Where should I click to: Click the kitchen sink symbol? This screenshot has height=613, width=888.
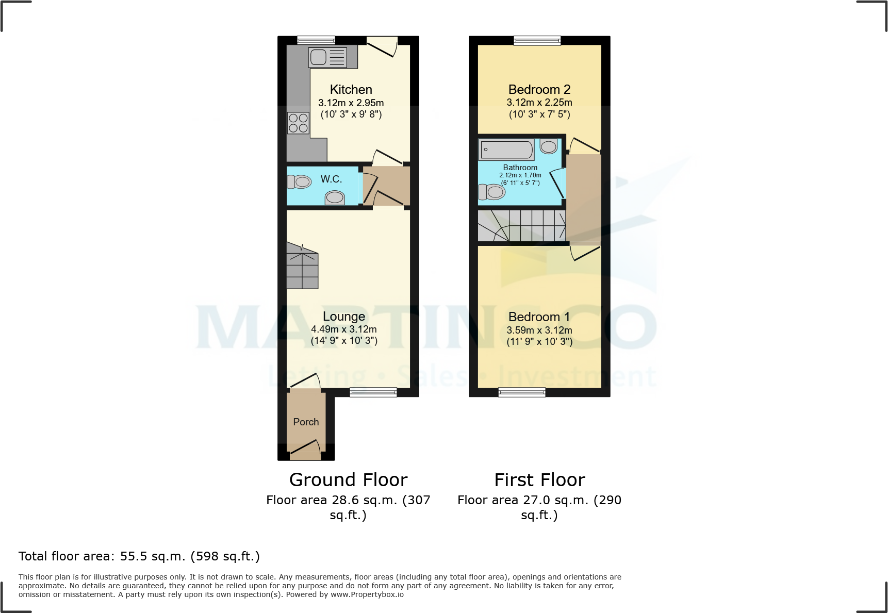click(x=328, y=57)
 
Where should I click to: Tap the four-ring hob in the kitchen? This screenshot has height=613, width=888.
click(x=299, y=123)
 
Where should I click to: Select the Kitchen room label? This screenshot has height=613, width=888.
click(x=351, y=89)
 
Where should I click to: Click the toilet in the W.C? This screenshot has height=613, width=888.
click(x=299, y=181)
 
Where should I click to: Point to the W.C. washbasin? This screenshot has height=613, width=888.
click(x=335, y=197)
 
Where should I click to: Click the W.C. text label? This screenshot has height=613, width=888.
click(x=331, y=179)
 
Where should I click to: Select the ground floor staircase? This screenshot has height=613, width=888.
click(x=302, y=267)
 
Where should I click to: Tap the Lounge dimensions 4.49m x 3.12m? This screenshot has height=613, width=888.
click(x=344, y=329)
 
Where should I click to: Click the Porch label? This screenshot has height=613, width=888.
click(x=306, y=422)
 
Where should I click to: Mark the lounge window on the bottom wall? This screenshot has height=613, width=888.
click(x=373, y=392)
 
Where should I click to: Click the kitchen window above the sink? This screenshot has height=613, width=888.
click(x=316, y=40)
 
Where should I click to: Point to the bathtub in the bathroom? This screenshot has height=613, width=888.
click(x=507, y=150)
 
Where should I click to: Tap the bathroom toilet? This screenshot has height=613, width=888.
click(x=492, y=192)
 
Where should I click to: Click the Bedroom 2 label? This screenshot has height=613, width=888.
click(x=539, y=89)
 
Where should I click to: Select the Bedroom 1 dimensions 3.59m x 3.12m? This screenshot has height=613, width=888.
click(x=539, y=330)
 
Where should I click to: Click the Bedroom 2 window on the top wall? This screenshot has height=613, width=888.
click(x=537, y=40)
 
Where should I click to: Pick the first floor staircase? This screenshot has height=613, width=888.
click(x=522, y=225)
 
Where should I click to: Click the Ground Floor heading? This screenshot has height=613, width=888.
click(x=348, y=479)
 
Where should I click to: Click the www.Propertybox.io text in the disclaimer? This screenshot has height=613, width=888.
click(x=367, y=594)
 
